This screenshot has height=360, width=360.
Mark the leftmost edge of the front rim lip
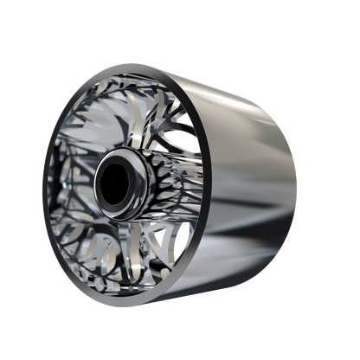click(x=42, y=186)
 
